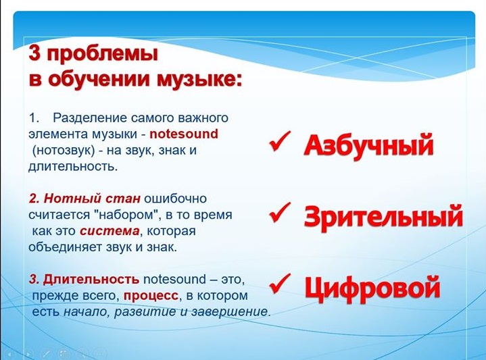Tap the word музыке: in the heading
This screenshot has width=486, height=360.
(199, 79)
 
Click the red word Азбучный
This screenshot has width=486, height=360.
(368, 146)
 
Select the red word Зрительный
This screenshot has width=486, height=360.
(383, 217)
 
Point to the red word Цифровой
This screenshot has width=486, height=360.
(372, 288)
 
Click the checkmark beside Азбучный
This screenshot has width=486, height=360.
(280, 142)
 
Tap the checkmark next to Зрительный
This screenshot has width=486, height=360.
(280, 213)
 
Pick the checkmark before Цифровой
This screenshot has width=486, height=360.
(280, 284)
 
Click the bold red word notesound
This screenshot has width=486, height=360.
(184, 134)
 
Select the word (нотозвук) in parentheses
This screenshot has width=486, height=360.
(64, 151)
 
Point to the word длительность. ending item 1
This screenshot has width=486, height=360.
(73, 167)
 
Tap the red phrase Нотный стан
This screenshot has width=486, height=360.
(92, 199)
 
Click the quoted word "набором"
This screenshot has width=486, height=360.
(127, 214)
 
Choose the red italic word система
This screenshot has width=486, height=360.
(110, 231)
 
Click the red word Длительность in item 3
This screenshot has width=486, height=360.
(91, 280)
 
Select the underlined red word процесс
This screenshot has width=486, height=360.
(151, 296)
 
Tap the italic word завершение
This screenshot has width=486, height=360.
(229, 311)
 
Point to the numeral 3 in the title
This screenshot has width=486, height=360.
(35, 54)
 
